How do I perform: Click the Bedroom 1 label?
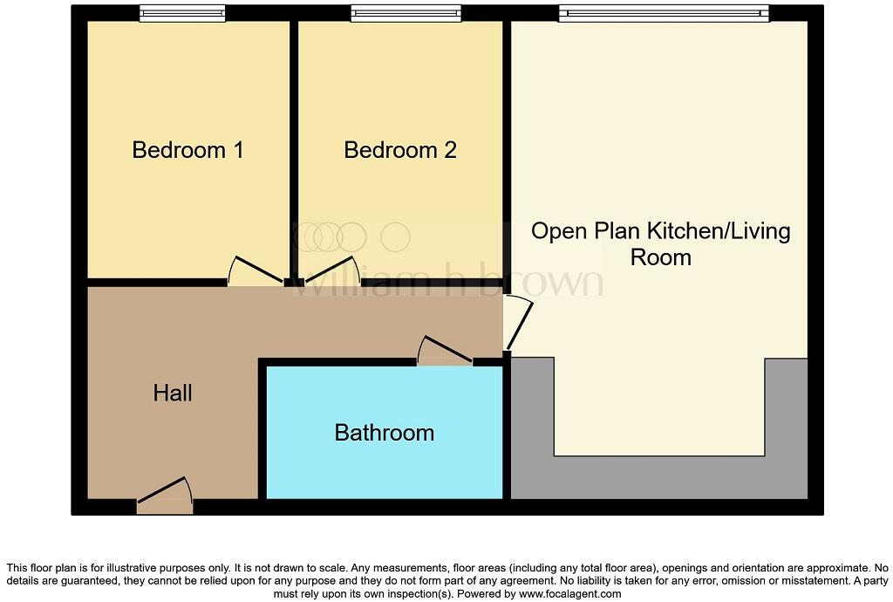coord(187,150)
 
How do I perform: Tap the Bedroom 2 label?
coord(400,150)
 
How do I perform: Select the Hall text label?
coord(173,393)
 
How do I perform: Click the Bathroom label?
coord(385,433)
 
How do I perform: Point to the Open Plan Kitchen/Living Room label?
coord(660,244)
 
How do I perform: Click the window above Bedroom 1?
coord(182,13)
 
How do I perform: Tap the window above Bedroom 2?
coord(406,13)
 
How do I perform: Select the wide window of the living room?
coord(664,13)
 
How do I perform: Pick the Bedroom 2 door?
coord(331,271)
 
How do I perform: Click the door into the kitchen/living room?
coord(519,323)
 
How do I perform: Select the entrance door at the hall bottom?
coord(164,493)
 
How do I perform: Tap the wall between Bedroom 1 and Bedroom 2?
coord(294,148)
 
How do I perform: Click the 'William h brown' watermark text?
coord(446,281)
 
